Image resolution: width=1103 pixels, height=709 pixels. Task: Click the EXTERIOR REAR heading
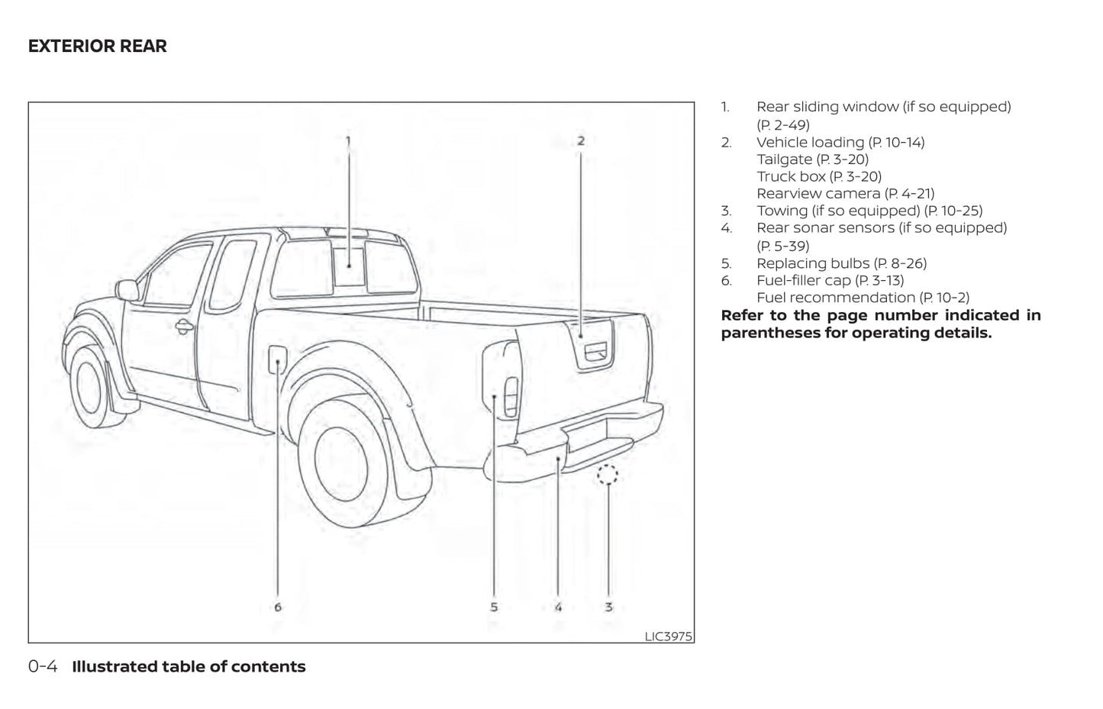tap(97, 46)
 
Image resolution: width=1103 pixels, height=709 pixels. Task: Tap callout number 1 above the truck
tap(348, 140)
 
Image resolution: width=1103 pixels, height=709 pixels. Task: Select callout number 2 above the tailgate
tap(581, 140)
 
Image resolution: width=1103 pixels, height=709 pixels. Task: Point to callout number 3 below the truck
tap(608, 607)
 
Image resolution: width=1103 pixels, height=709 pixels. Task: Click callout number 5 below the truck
tap(494, 607)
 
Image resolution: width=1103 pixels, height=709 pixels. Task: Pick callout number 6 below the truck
tap(278, 607)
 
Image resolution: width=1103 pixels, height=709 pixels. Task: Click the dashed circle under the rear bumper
tap(608, 475)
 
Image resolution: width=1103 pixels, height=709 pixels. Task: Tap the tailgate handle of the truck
tap(595, 352)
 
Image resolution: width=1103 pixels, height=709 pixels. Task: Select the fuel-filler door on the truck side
tap(277, 359)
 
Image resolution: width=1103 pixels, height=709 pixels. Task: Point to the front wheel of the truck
tap(91, 388)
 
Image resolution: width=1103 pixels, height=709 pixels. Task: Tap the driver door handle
tap(184, 327)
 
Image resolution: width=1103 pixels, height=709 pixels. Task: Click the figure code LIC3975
tap(668, 636)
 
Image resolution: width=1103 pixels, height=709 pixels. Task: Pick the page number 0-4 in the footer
tap(43, 666)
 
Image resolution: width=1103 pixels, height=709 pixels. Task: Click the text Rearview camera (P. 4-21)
tap(845, 194)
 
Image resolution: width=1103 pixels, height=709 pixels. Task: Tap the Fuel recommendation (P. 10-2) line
tap(863, 298)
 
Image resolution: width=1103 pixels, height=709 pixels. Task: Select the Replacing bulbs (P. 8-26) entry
tap(841, 263)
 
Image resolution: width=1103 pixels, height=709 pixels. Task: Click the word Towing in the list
tap(782, 211)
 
